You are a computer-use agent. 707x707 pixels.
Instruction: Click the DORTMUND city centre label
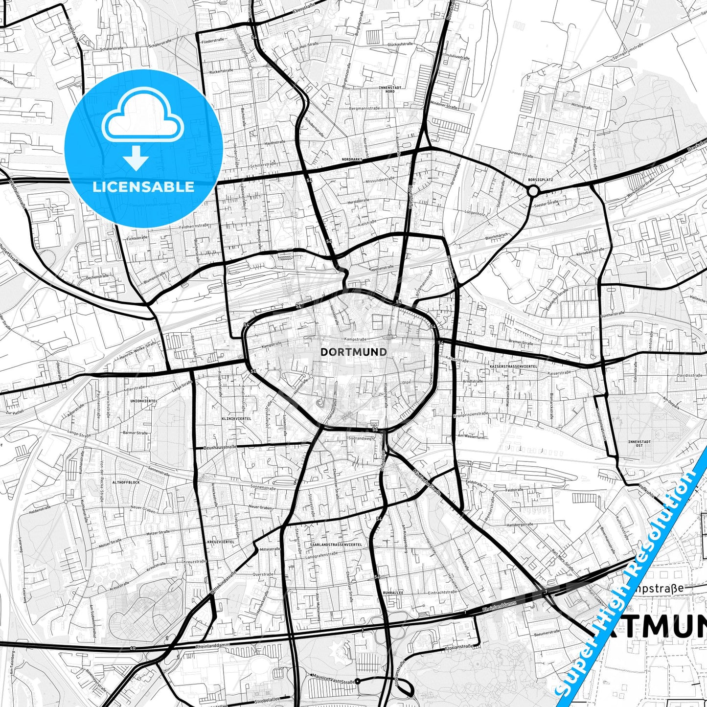[353, 352]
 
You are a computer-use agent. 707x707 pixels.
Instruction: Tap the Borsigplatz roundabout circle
[533, 191]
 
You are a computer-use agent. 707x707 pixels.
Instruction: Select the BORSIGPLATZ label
[541, 180]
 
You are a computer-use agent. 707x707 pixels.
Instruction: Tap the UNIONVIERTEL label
[144, 401]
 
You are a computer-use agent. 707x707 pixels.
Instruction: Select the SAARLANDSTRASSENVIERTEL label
[336, 545]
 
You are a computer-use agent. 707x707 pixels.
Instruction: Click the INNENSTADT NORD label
[387, 89]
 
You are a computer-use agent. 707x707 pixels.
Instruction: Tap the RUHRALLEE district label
[393, 592]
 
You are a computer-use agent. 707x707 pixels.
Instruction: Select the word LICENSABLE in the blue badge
[143, 187]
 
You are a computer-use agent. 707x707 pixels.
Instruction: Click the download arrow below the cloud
[136, 158]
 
